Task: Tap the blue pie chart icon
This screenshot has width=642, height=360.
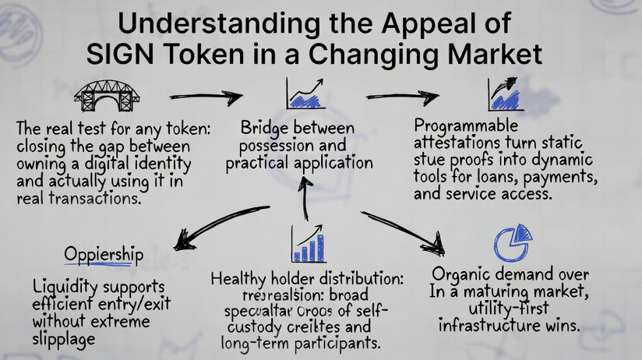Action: pyautogui.click(x=512, y=242)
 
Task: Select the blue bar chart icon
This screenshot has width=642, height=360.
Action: pyautogui.click(x=308, y=243)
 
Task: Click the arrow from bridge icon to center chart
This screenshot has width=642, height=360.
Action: pyautogui.click(x=206, y=98)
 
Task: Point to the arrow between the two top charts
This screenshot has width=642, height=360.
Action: pyautogui.click(x=402, y=98)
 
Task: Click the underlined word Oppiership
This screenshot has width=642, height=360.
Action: pyautogui.click(x=104, y=255)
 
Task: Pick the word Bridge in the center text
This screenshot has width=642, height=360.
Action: pyautogui.click(x=265, y=127)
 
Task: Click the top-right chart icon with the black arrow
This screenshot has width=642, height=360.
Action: pyautogui.click(x=505, y=94)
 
